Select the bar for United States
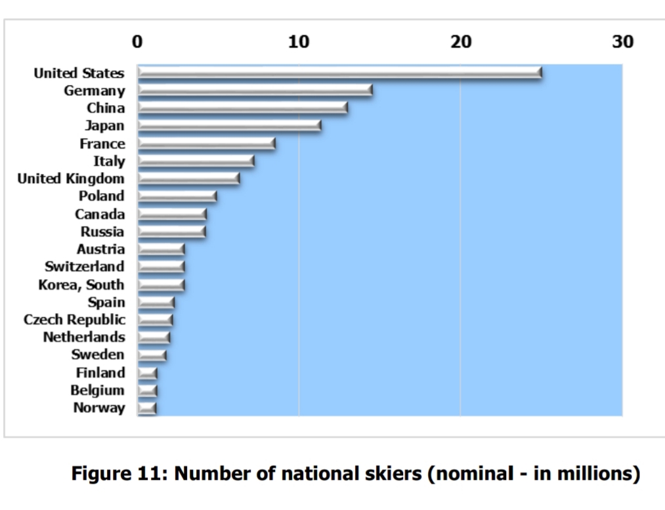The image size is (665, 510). click(x=339, y=73)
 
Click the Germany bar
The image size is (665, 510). click(x=255, y=91)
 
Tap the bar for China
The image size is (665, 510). click(x=243, y=108)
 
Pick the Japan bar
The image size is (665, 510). click(x=230, y=125)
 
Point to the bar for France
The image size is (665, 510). click(x=207, y=143)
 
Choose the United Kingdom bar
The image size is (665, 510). click(x=188, y=179)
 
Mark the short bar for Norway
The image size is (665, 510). click(x=147, y=408)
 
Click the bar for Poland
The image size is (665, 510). click(x=177, y=196)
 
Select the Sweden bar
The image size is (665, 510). click(x=152, y=355)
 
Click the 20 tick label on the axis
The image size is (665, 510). click(x=461, y=41)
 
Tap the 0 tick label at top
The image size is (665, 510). click(x=137, y=41)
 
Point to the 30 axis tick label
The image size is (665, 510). click(x=622, y=41)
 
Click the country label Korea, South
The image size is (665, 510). click(x=81, y=285)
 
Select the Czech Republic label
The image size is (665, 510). click(x=75, y=320)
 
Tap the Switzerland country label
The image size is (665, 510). click(x=85, y=266)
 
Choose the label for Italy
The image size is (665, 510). click(x=110, y=161)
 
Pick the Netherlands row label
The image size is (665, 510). click(x=84, y=337)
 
